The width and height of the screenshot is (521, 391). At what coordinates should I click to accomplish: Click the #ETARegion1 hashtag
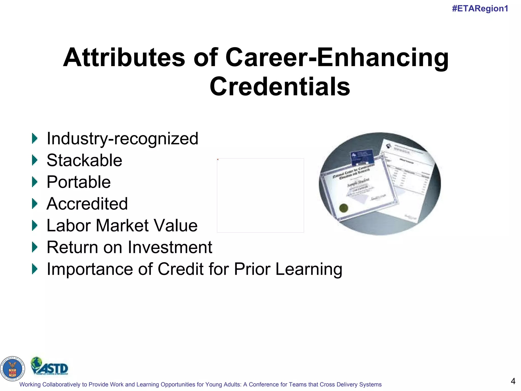[480, 9]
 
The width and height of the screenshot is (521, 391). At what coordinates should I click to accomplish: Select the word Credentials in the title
[280, 87]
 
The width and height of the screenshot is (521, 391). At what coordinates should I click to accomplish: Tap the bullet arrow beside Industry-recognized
[35, 138]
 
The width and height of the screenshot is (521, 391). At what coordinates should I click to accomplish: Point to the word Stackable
[84, 160]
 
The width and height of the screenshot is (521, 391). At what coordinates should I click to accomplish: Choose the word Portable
[79, 182]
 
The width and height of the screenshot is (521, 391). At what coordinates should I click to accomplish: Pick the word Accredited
[87, 204]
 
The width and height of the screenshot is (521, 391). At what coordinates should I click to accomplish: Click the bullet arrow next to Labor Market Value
[35, 226]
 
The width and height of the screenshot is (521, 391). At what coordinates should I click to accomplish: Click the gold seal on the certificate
[344, 208]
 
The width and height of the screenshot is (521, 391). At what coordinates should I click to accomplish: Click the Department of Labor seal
[12, 369]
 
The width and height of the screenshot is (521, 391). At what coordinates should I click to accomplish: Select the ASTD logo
[49, 366]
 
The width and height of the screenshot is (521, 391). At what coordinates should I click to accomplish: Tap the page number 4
[513, 381]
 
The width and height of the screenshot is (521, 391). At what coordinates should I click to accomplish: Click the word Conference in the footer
[264, 384]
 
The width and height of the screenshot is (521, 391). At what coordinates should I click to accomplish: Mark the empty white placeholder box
[260, 195]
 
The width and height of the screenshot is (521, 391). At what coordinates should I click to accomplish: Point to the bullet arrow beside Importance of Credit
[35, 269]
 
